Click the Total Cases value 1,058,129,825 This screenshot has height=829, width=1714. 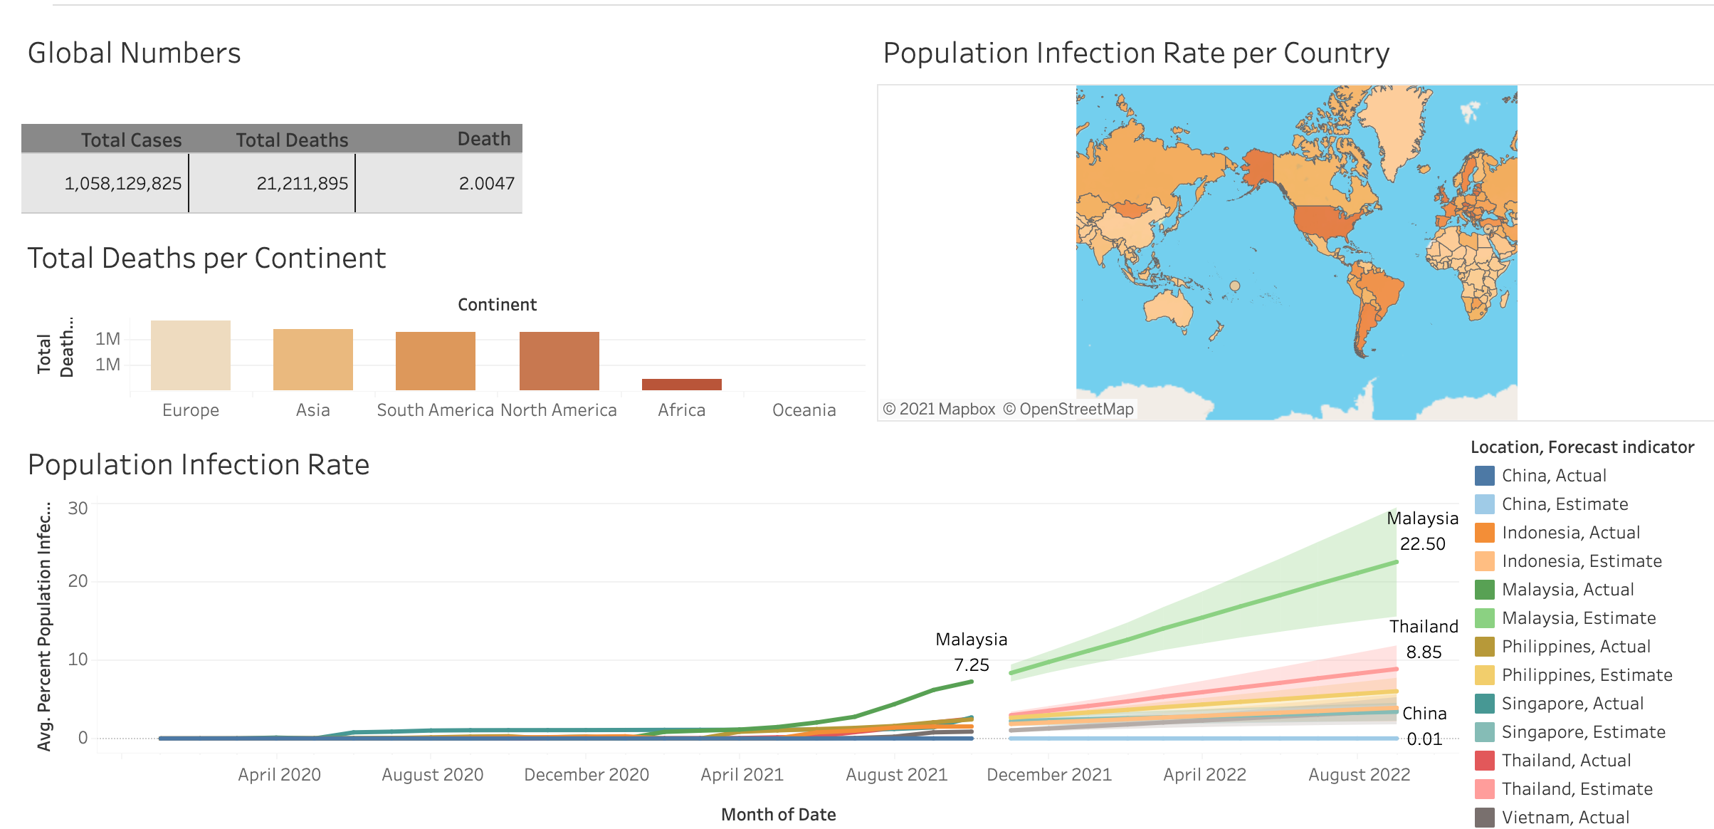coord(123,184)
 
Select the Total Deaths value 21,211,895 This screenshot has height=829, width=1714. coord(303,184)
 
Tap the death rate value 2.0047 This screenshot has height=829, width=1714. coord(486,184)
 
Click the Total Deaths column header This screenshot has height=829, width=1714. coord(292,140)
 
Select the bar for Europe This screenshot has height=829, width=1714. coord(191,355)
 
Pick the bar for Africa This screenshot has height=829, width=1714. coord(681,385)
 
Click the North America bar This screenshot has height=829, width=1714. coord(559,361)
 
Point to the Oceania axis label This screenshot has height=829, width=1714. coord(804,410)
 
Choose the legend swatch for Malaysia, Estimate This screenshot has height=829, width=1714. coord(1484,618)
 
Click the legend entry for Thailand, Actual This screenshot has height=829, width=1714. coord(1566,761)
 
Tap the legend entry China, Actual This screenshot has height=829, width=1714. coord(1554,476)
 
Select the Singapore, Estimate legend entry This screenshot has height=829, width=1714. coord(1583,732)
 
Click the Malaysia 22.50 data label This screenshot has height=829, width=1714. coord(1422,531)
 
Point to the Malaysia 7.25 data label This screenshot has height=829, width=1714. coord(971,652)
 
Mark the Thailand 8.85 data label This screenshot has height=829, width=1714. coord(1424,640)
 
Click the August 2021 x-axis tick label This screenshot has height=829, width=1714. coord(896,775)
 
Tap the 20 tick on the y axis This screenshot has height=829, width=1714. coord(78,581)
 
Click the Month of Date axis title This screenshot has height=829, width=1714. coord(778,815)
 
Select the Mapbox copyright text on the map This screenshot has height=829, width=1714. coord(939,410)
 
